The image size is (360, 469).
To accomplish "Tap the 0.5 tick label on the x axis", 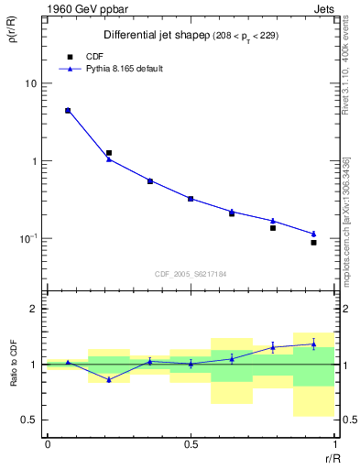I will coord(191,443).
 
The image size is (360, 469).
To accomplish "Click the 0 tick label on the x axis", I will coord(48,443).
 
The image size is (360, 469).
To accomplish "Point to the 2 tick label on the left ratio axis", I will coord(36,310).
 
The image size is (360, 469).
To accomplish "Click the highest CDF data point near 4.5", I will coord(68,111).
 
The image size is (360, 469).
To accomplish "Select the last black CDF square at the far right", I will coord(313,243).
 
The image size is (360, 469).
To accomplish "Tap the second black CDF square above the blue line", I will coord(109,153).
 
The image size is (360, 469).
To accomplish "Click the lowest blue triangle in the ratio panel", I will coord(109,379).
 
